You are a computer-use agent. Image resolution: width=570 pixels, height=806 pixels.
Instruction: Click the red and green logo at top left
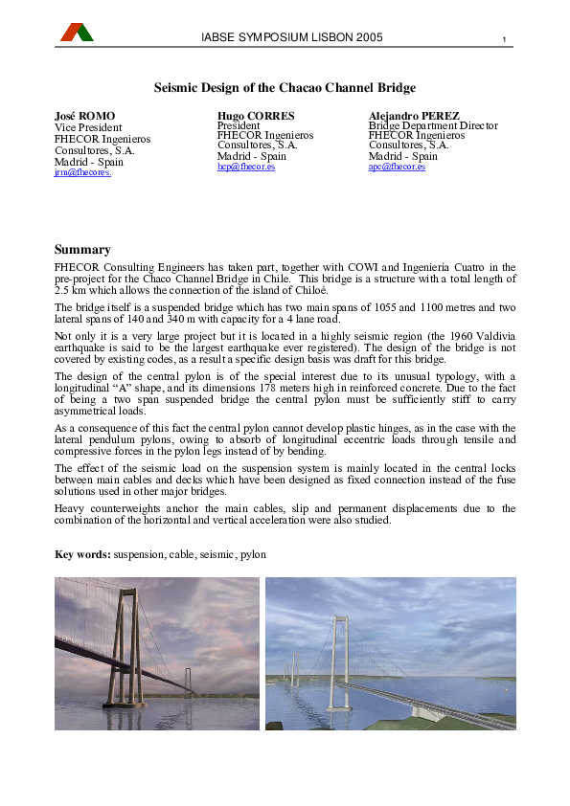(77, 33)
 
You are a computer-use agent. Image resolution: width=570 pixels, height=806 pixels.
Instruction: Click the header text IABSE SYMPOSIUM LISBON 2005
(292, 37)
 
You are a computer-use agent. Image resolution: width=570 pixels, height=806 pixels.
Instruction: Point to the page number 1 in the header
(504, 39)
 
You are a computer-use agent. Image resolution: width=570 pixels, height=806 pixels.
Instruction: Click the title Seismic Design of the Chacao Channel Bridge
(285, 88)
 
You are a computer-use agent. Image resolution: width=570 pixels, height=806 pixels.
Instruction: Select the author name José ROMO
(84, 116)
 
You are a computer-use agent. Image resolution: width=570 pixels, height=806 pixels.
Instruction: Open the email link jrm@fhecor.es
(83, 173)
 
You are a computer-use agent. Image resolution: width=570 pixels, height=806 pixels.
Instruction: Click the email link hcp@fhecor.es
(246, 167)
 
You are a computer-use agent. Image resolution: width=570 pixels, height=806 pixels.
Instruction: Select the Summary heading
(82, 250)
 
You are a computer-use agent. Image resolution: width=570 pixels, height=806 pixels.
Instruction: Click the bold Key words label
(83, 554)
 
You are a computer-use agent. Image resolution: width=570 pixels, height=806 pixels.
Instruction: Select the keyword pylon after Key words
(253, 554)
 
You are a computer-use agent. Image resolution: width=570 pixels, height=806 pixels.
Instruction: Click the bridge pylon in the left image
(122, 651)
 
